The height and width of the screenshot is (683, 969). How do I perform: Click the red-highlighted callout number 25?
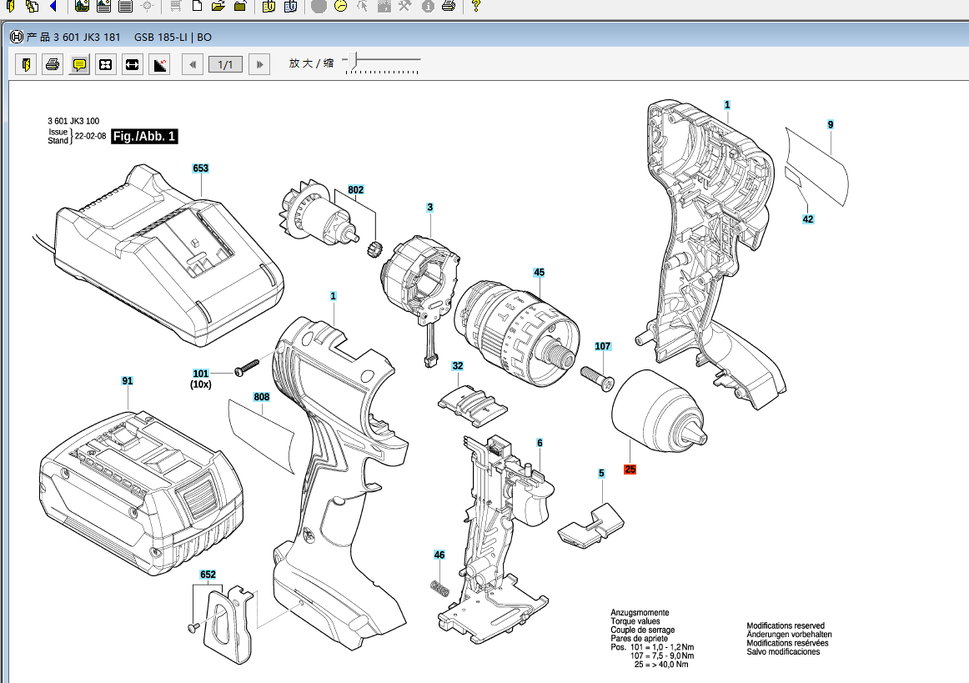click(x=630, y=470)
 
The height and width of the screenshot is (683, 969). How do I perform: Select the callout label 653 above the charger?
click(x=200, y=168)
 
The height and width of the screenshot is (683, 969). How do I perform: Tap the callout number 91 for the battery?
click(x=128, y=381)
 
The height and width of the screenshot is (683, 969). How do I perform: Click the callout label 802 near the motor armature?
click(x=355, y=190)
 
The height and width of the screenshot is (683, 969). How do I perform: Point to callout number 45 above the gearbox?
click(x=539, y=273)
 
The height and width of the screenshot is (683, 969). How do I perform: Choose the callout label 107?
click(x=603, y=346)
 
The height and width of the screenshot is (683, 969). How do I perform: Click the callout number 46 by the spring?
click(x=439, y=555)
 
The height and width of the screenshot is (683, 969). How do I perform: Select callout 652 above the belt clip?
click(x=208, y=575)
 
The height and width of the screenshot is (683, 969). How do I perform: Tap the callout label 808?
click(x=261, y=397)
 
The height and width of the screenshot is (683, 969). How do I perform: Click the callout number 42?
click(x=808, y=219)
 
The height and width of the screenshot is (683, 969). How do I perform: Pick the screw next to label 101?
click(x=247, y=367)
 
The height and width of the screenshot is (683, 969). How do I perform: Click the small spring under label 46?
click(x=440, y=589)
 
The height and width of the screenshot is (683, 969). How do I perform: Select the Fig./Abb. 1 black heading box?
click(x=144, y=136)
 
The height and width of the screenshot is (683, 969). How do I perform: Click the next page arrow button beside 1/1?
click(x=259, y=64)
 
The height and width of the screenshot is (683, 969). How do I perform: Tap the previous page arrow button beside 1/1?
click(x=193, y=64)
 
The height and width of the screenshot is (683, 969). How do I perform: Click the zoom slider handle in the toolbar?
click(x=353, y=61)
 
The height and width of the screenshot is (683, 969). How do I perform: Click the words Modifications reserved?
click(x=786, y=625)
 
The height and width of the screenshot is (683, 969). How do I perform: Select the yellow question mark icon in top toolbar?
click(x=475, y=6)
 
